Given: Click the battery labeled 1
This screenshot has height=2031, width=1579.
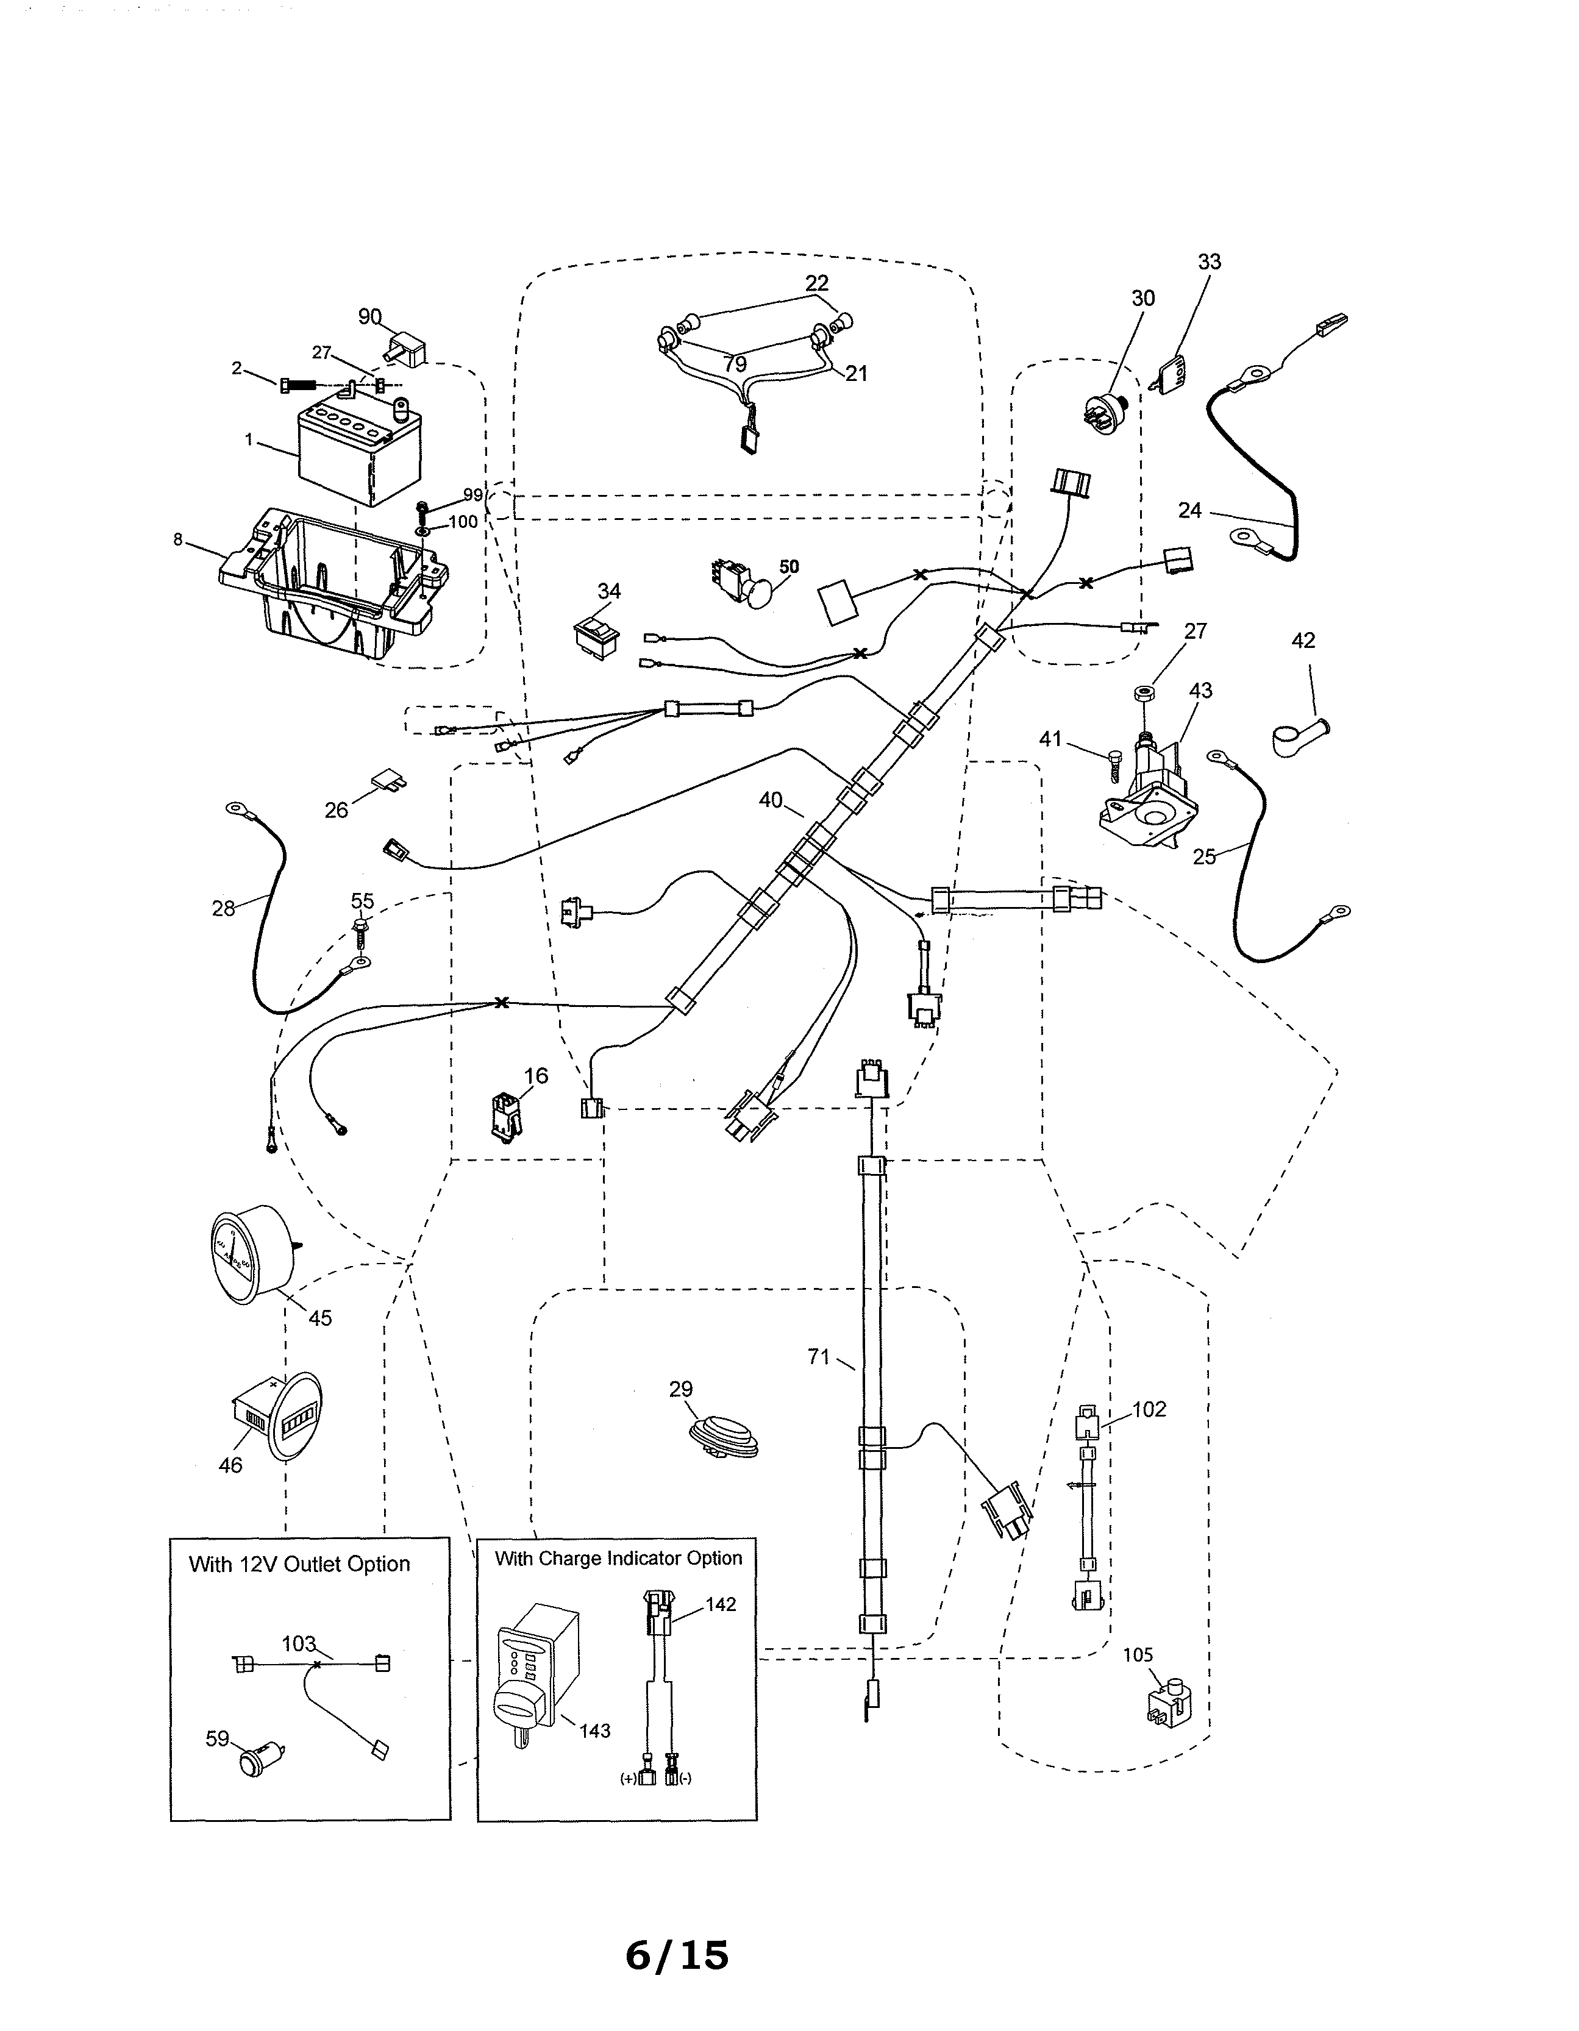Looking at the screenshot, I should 358,451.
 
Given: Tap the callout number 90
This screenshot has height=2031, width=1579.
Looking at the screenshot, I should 369,316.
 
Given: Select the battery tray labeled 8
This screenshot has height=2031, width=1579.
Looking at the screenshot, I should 330,586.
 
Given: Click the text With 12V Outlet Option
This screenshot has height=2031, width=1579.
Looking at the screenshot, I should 299,1563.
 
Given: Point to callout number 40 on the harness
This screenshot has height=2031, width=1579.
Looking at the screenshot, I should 770,800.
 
